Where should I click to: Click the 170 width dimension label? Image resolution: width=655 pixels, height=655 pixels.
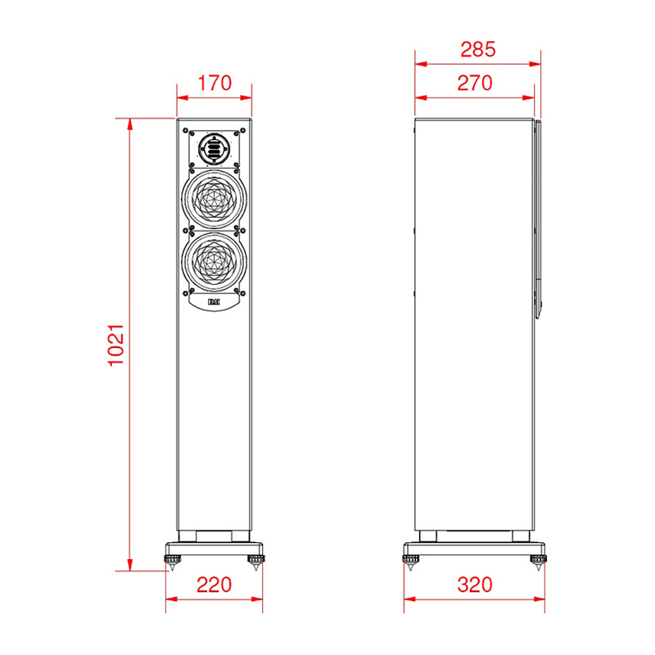click(x=215, y=83)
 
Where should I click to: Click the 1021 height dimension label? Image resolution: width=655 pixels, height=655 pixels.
click(x=116, y=344)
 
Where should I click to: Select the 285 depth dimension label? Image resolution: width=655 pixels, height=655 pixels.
click(x=477, y=49)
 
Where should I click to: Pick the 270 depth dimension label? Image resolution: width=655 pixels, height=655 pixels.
click(x=475, y=83)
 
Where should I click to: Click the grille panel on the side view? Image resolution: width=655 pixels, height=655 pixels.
click(x=539, y=217)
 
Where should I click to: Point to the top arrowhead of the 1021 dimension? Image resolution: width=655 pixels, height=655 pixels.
click(x=130, y=123)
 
